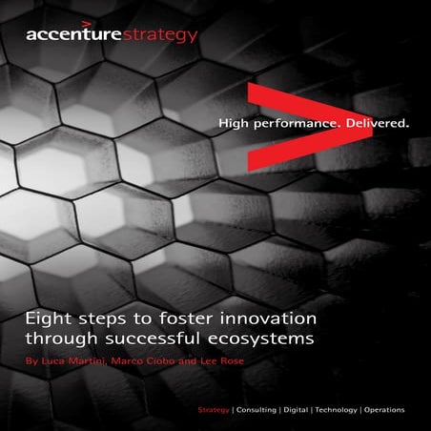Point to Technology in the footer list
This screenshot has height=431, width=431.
click(335, 409)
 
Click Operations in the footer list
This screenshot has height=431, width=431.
click(384, 409)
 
